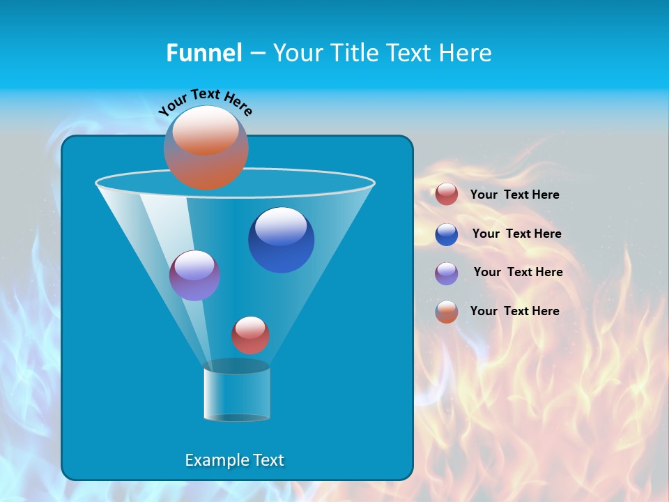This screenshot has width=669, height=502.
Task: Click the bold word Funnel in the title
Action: [203, 53]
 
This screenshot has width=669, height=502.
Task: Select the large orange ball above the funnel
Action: [206, 148]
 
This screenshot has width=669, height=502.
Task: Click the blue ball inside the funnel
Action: [282, 240]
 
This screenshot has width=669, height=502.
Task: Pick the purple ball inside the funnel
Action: [194, 275]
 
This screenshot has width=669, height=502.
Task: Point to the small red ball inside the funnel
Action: [250, 335]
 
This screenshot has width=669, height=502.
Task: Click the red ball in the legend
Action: [447, 195]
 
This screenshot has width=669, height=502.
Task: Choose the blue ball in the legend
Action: [447, 234]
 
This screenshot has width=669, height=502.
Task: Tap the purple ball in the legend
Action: [447, 273]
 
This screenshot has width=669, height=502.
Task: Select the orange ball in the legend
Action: [447, 312]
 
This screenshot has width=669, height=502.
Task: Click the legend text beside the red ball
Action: [514, 195]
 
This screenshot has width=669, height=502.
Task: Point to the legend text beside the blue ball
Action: [516, 234]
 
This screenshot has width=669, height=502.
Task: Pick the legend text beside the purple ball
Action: [518, 272]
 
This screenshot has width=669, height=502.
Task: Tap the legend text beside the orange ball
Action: [514, 311]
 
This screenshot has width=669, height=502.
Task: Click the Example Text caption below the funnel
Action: [235, 460]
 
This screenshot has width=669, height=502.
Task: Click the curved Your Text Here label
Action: [206, 102]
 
